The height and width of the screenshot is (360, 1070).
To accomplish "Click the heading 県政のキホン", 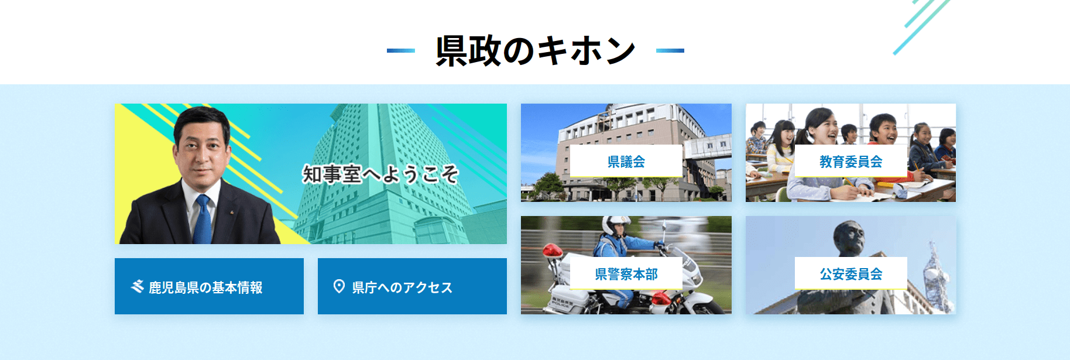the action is click(x=535, y=50).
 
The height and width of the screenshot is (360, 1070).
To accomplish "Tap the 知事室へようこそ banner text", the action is click(x=380, y=174).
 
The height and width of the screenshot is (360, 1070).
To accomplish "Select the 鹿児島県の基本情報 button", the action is click(x=209, y=286).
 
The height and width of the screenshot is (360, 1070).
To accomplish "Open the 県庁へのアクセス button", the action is click(x=412, y=286).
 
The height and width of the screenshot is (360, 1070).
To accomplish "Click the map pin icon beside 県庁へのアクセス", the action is click(x=339, y=286).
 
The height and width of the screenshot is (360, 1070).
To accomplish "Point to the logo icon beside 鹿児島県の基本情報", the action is click(x=138, y=286).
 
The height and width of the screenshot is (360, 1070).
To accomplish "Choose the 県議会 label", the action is click(x=626, y=161).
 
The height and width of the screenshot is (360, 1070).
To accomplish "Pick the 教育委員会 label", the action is click(x=851, y=161).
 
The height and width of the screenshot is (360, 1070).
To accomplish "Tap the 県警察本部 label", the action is click(x=626, y=273).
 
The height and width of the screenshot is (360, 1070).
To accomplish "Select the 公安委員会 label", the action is click(x=851, y=273).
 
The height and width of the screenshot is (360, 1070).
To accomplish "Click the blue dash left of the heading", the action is click(x=401, y=51).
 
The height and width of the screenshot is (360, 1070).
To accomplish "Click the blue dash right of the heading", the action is click(x=670, y=51).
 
